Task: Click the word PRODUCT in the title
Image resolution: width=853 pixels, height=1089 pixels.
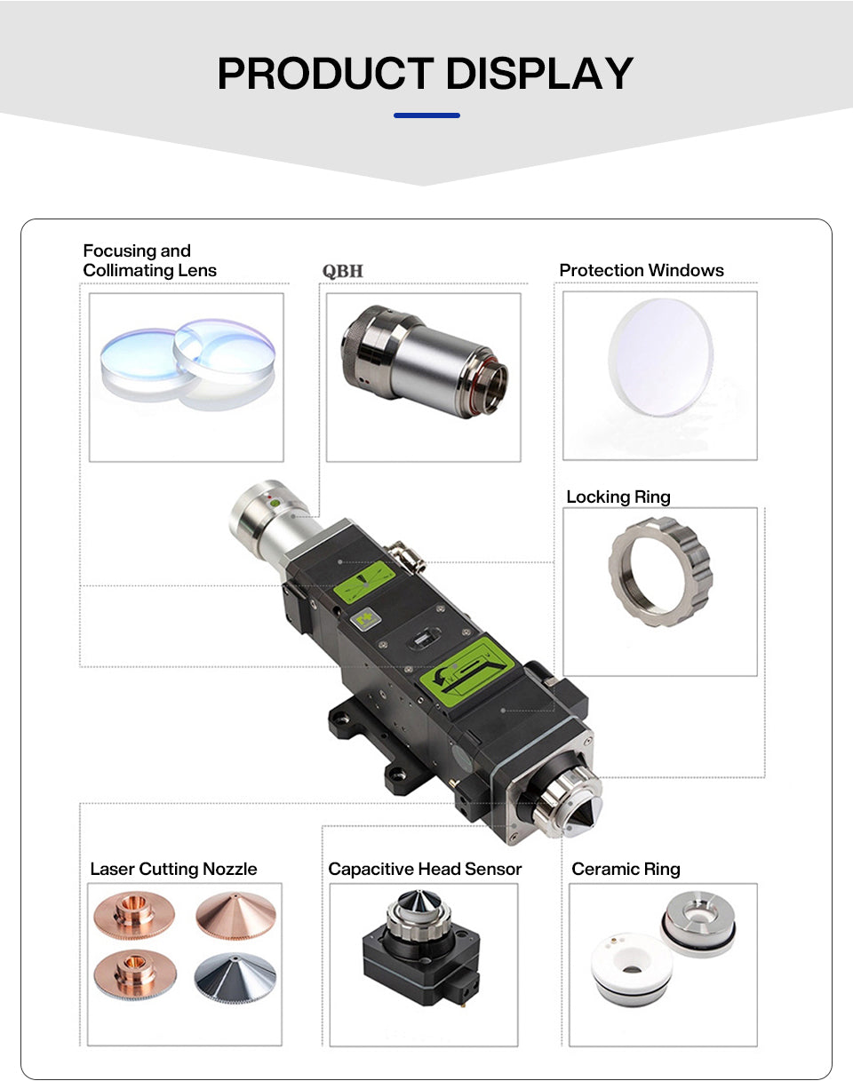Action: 326,73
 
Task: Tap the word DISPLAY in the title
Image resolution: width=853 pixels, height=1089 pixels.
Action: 539,73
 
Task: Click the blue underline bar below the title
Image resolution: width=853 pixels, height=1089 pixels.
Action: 426,115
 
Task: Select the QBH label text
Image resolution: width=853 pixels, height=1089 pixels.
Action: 343,271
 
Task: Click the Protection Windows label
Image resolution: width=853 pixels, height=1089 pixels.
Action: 642,271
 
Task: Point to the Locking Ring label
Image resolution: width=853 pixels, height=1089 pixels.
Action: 618,497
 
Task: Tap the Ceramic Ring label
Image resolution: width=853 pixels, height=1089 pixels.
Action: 626,869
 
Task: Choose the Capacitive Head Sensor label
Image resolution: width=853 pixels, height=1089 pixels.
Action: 425,869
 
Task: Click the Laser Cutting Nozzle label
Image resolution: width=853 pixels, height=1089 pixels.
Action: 173,869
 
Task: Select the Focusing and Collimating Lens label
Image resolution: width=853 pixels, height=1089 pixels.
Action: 149,260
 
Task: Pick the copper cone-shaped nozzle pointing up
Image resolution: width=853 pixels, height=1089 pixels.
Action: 235,916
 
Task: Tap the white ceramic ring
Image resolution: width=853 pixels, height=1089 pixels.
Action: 632,967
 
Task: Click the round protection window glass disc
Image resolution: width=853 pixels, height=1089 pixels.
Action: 660,358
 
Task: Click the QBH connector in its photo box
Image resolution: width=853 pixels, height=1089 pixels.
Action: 425,362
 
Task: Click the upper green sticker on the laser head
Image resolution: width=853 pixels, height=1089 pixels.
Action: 364,581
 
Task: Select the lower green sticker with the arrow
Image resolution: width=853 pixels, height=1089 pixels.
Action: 467,672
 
